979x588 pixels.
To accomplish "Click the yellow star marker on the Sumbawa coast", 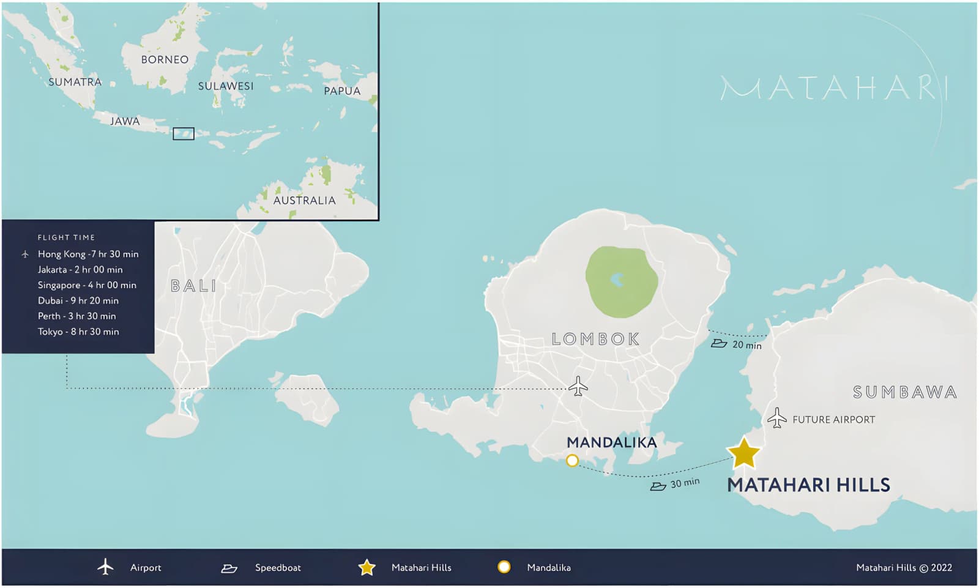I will click(x=743, y=453).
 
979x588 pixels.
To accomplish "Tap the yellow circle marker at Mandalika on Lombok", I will click(x=572, y=461).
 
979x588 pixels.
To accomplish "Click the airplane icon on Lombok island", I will click(x=578, y=387).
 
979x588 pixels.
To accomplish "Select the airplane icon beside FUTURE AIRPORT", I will click(x=776, y=419).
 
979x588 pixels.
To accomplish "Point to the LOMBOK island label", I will click(x=595, y=339).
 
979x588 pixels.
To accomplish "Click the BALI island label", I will click(x=193, y=286).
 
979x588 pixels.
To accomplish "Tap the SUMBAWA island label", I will click(x=904, y=392).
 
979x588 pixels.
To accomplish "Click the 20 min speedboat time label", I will click(x=746, y=345).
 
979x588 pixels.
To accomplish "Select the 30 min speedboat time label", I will click(x=685, y=483).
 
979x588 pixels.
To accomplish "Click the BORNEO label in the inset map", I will click(x=165, y=59).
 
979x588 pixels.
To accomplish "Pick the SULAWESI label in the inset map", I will click(x=225, y=86).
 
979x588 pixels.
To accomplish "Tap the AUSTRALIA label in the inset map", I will click(x=304, y=201).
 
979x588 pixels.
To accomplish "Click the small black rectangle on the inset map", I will click(x=183, y=134).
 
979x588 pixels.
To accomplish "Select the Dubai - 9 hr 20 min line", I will click(x=78, y=300).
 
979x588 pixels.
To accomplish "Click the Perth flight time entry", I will click(x=76, y=316).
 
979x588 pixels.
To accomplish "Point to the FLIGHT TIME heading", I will click(x=66, y=237).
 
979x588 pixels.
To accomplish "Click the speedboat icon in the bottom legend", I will click(x=229, y=568).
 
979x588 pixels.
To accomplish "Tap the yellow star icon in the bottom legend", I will click(x=367, y=568).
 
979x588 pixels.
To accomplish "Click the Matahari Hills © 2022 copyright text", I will click(x=904, y=568).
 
